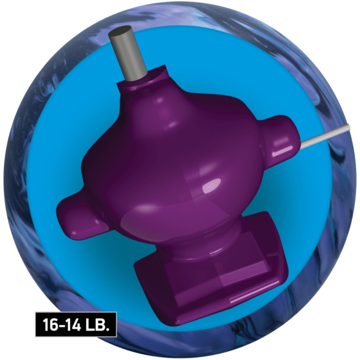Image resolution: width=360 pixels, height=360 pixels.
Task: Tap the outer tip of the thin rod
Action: click(x=348, y=128)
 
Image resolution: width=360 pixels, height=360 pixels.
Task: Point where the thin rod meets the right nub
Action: click(x=301, y=145)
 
